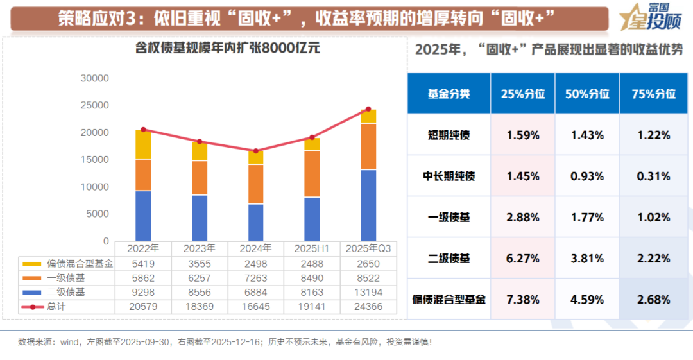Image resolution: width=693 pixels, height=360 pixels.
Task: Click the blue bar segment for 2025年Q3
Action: point(368,205)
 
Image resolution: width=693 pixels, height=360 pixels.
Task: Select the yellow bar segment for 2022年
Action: point(143,144)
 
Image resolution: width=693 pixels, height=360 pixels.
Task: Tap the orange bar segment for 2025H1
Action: point(312,174)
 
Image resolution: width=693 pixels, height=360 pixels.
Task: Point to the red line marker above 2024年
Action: point(255,151)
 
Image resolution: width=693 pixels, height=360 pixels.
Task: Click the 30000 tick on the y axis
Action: point(95,78)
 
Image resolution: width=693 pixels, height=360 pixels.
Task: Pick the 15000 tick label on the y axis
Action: point(95,160)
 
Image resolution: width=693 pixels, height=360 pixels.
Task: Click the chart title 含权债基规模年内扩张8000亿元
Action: point(228,47)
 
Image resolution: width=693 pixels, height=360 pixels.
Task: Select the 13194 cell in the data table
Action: point(368,292)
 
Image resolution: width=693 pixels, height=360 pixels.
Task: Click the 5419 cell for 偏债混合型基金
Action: point(143,263)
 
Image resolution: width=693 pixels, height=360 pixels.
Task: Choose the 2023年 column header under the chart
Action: point(199,248)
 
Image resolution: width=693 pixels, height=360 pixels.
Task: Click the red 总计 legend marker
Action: point(32,307)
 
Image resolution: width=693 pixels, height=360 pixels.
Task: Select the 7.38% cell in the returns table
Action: point(523,299)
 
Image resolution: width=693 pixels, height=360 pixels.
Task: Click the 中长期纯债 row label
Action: point(449,176)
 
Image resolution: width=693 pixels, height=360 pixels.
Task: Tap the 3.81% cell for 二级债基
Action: point(587,259)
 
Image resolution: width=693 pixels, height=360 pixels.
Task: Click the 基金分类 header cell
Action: point(449,94)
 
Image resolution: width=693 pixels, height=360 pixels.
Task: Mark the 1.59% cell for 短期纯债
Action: point(523,135)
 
